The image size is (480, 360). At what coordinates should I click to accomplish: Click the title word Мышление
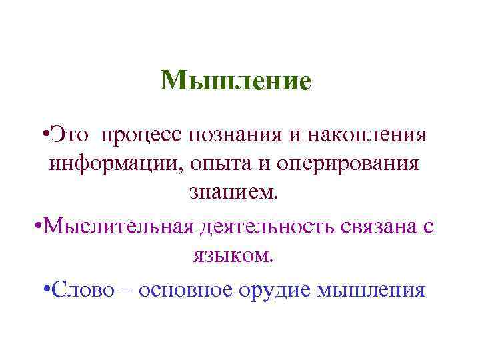click(236, 81)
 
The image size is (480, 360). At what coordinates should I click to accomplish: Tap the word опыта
click(216, 163)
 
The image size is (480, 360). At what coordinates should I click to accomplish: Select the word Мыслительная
click(119, 226)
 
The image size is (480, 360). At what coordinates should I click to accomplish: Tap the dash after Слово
click(125, 291)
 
